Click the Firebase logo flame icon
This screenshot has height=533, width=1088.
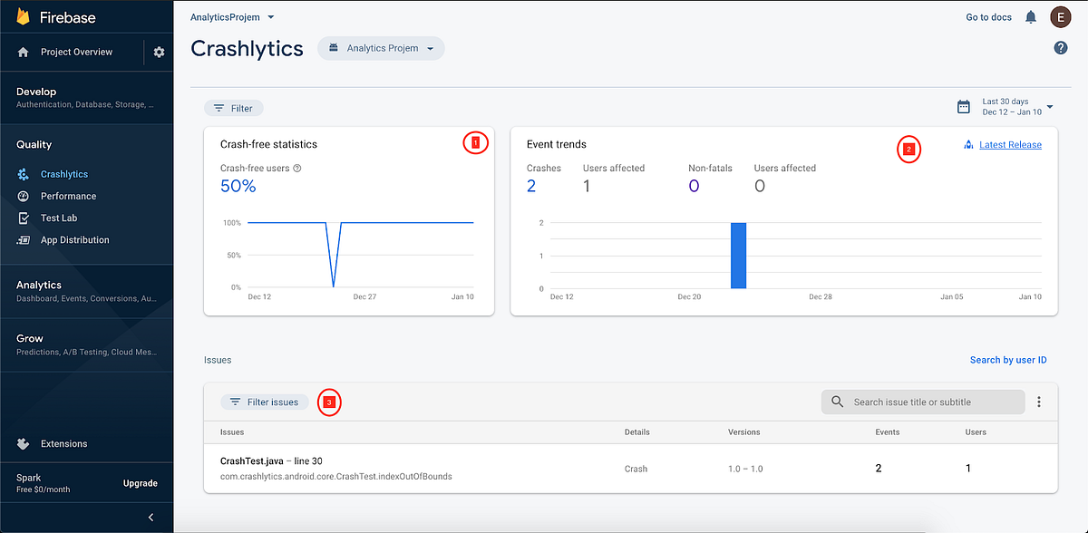tap(23, 16)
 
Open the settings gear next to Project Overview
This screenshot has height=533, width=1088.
tap(160, 53)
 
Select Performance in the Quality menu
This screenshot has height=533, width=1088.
tap(68, 196)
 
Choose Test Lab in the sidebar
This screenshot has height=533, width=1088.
tap(59, 218)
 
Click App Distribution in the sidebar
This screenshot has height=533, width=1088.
tap(74, 240)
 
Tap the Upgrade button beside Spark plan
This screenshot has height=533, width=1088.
tap(140, 483)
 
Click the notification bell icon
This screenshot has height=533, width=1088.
tap(1031, 17)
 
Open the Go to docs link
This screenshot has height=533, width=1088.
tap(988, 17)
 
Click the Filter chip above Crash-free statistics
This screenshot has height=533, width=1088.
tap(234, 108)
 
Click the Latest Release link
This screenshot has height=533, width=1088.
tap(1010, 145)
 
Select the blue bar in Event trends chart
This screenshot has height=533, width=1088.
tap(738, 256)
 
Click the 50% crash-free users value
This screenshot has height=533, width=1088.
tap(238, 187)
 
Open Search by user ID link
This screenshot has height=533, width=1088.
tap(1008, 360)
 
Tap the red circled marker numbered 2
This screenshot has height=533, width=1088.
tap(909, 150)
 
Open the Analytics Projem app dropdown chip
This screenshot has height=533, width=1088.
tap(381, 48)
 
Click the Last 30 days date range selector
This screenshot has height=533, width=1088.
tap(1006, 107)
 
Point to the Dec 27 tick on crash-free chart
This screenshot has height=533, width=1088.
tap(364, 296)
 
